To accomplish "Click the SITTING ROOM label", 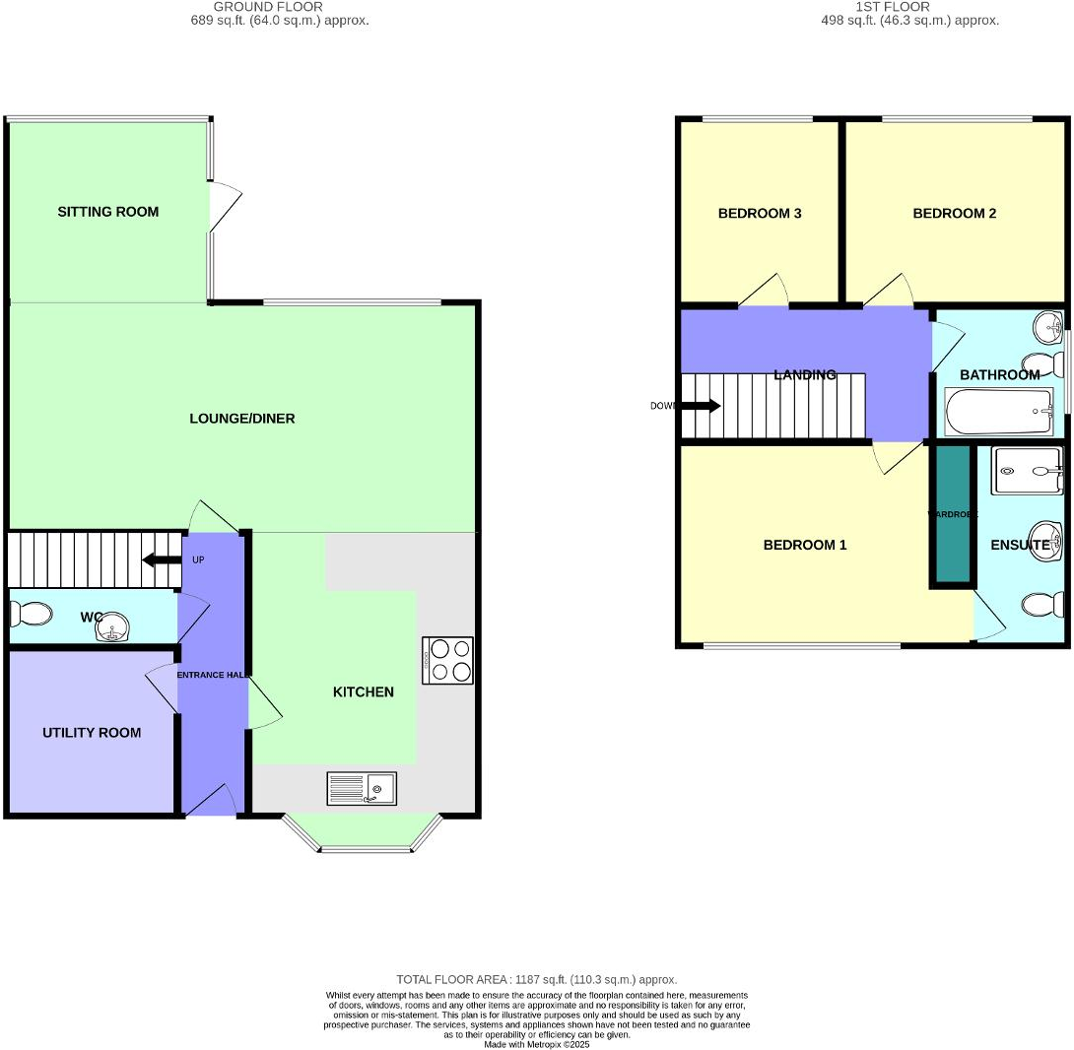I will point(107,212).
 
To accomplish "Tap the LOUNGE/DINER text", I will point(242,419).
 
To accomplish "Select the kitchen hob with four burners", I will point(448,660).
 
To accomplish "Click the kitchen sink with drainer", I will point(362,789).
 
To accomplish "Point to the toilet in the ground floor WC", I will point(30,615).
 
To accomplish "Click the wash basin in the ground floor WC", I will point(115,627).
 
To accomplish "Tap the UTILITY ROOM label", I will point(92,733).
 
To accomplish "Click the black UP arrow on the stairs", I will point(162,560).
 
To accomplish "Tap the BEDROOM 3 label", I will point(759,213).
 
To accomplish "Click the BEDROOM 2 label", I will point(954,213).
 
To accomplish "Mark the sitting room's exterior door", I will point(225,207).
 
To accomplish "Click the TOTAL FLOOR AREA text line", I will point(536,979).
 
